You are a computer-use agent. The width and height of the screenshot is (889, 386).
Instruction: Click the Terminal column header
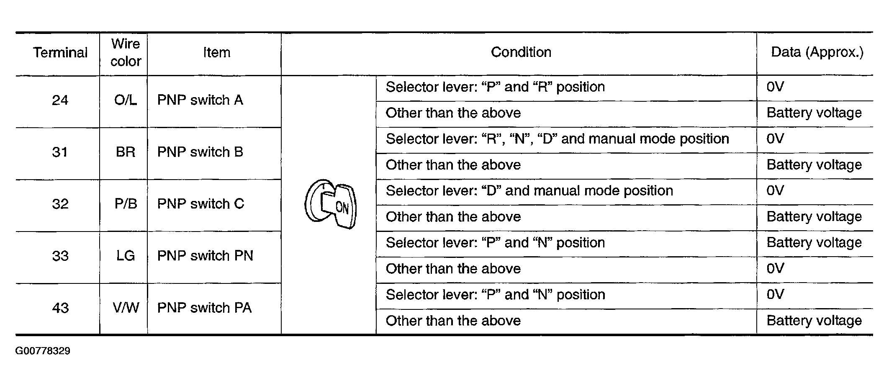coord(60,52)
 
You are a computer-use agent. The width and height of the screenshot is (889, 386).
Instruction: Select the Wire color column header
coord(126,52)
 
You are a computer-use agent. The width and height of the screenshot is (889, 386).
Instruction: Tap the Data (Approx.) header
coord(817,52)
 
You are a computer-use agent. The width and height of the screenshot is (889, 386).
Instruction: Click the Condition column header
coord(521,52)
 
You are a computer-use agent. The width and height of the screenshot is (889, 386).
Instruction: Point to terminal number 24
coord(60,100)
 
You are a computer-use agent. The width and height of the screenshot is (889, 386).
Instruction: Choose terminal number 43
coord(60,308)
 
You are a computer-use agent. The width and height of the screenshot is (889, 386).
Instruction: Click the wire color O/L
coord(126,100)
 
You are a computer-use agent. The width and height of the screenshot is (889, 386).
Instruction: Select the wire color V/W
coord(126,308)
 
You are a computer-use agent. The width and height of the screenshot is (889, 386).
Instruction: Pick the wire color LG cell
coord(126,256)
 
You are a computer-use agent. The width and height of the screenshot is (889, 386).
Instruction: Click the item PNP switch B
coord(200,152)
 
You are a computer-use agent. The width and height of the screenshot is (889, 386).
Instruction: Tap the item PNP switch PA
coord(204,308)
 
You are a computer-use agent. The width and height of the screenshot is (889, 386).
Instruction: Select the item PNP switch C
coord(200,204)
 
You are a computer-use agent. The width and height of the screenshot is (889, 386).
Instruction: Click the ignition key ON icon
coord(330,205)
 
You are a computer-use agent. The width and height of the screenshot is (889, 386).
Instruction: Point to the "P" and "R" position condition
coord(495,87)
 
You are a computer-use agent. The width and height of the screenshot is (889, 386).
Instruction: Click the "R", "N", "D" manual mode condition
coord(558,139)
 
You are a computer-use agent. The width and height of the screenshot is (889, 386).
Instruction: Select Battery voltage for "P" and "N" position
coord(814,243)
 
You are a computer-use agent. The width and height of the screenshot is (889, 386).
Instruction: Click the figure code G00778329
coord(43,351)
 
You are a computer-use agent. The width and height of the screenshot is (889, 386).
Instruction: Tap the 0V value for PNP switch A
coord(775,87)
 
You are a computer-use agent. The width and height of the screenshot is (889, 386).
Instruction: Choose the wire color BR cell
coord(126,152)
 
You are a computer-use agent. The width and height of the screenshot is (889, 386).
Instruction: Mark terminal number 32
coord(60,204)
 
